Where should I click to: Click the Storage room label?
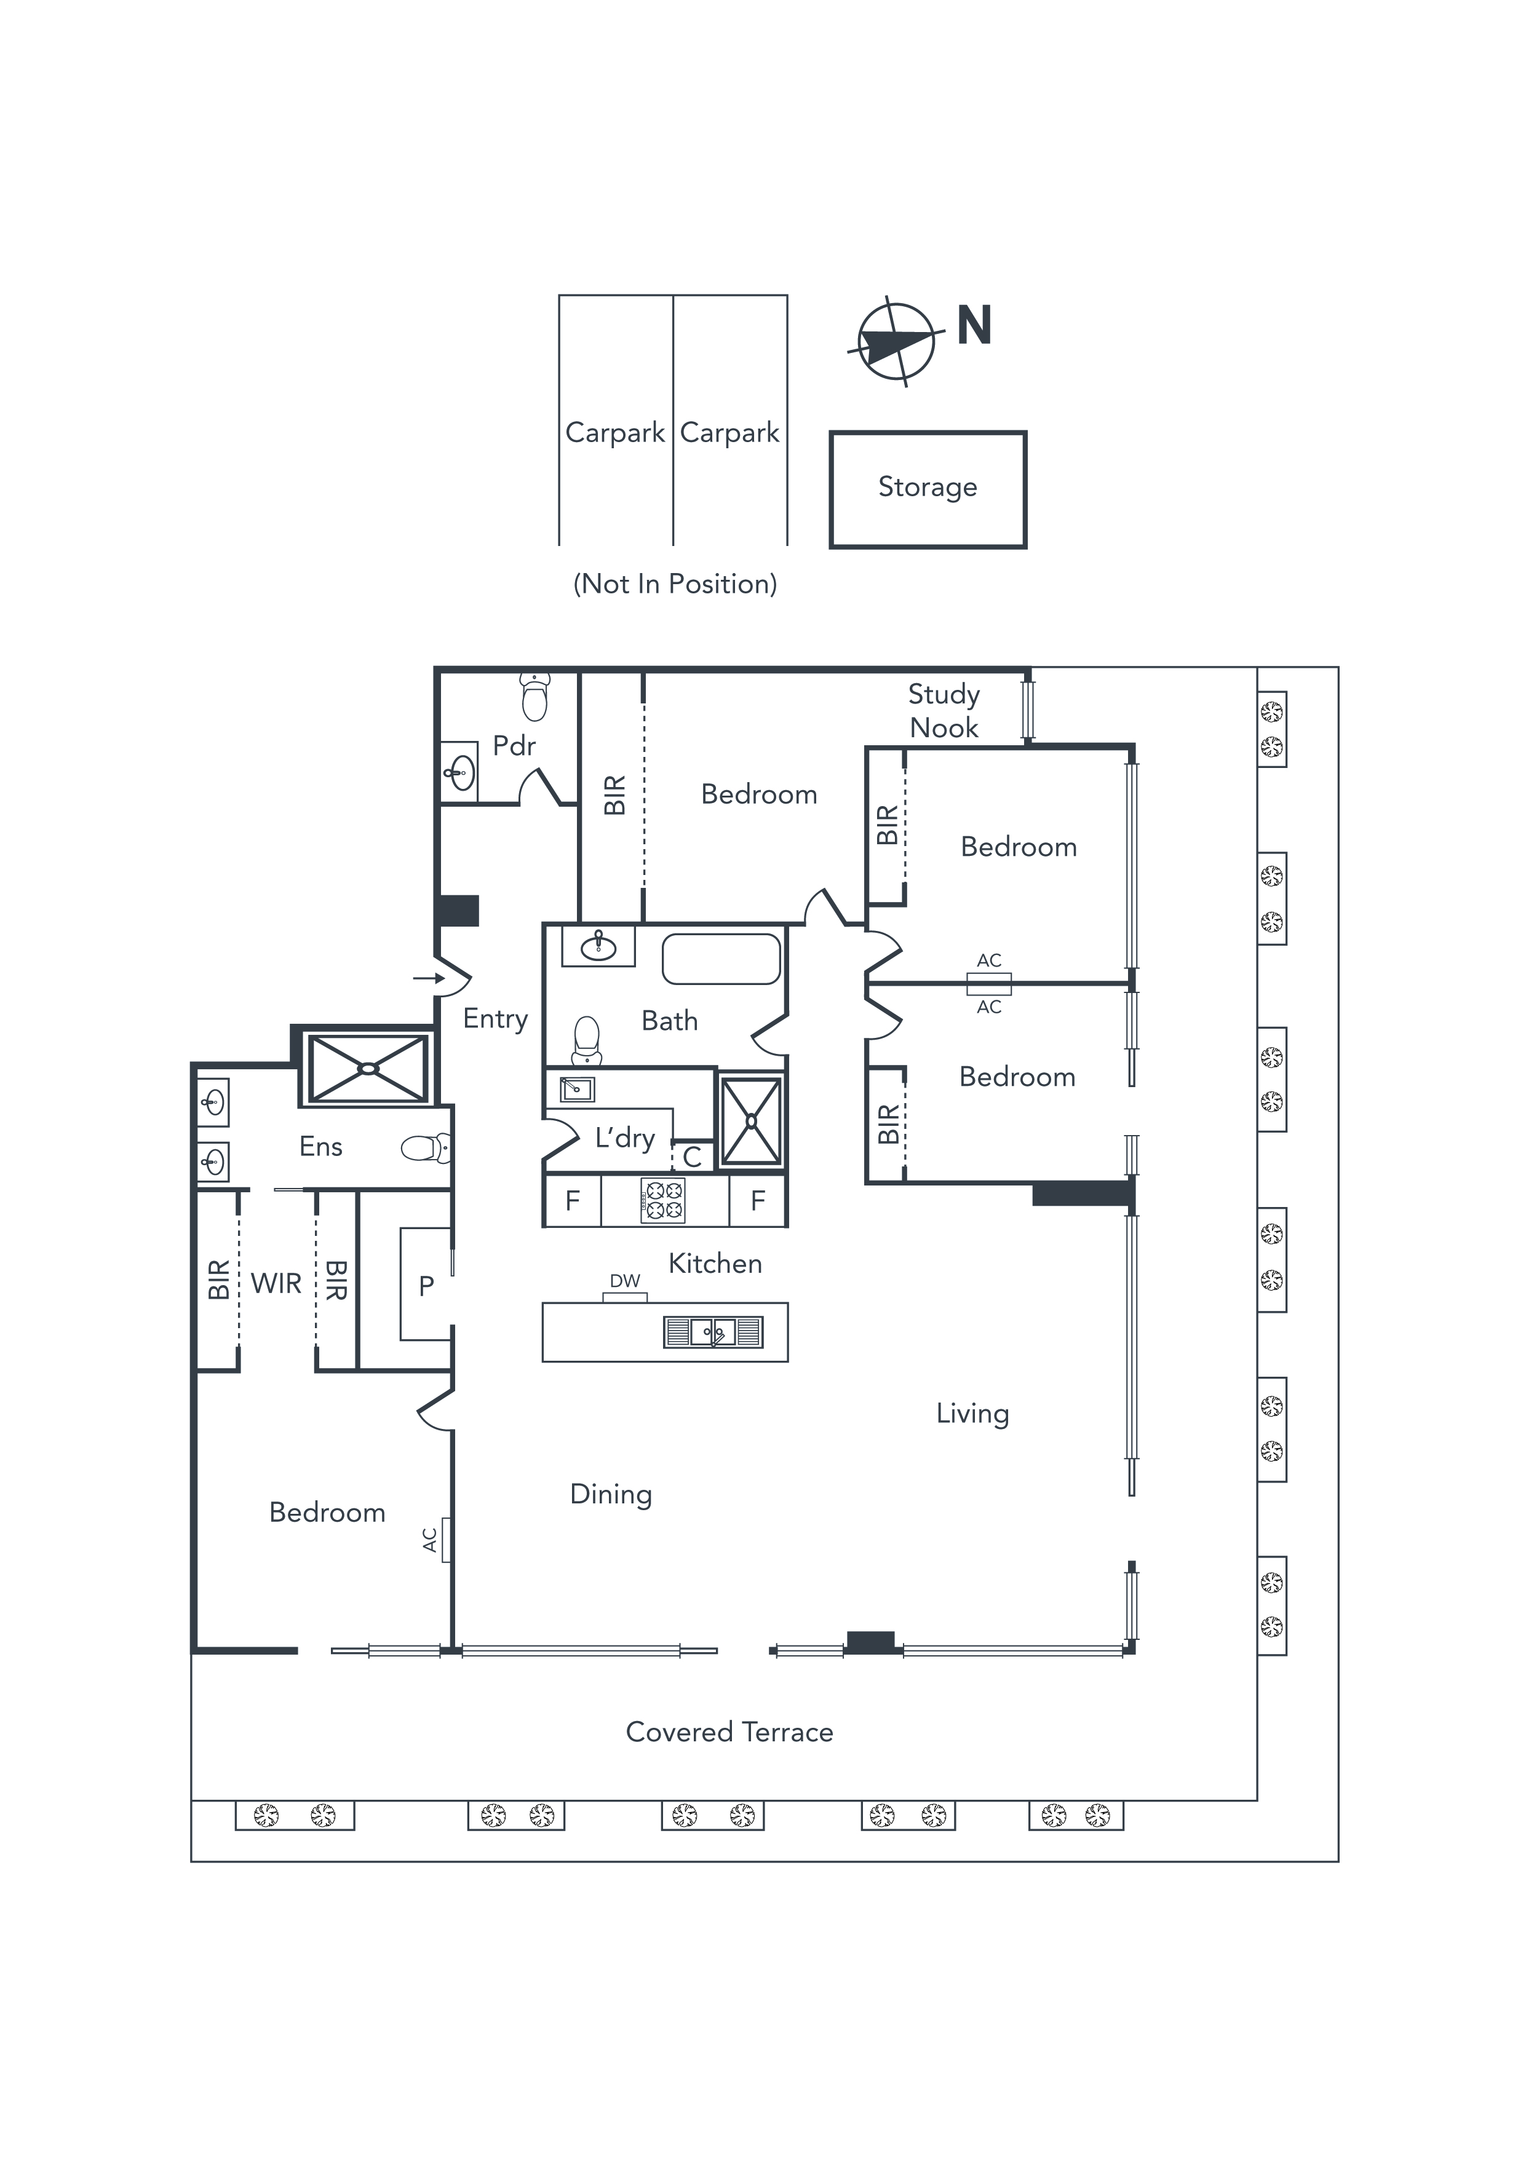click(928, 486)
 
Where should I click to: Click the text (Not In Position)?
click(675, 584)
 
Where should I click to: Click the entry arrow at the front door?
click(429, 979)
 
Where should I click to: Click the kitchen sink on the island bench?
click(713, 1331)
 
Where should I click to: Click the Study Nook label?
click(944, 710)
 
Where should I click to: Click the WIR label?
click(276, 1283)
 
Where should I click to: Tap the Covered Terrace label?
click(729, 1732)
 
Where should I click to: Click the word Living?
click(972, 1414)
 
